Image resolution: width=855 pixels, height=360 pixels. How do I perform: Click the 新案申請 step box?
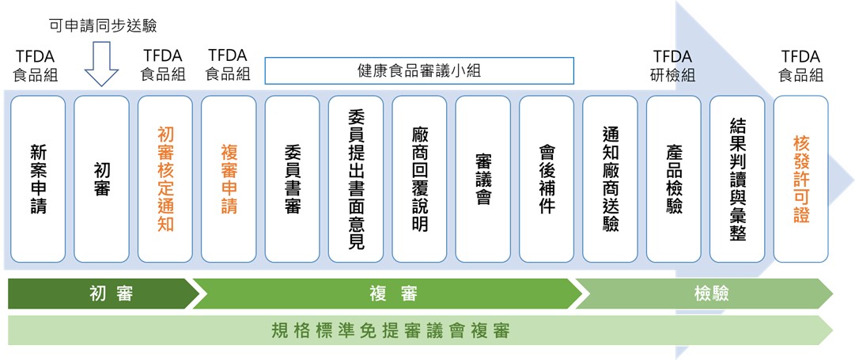38,179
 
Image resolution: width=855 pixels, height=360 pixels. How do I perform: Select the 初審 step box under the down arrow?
102,179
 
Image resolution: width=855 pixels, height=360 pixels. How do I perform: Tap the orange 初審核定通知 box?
165,179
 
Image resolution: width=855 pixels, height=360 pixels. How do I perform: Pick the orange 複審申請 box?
229,179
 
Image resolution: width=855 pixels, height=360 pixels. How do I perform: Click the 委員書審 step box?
293,179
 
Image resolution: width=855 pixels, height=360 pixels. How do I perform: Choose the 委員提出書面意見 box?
356,179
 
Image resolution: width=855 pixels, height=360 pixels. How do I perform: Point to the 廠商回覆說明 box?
420,179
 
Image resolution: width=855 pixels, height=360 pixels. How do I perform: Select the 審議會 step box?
483,179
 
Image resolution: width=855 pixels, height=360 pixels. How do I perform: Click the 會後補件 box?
547,179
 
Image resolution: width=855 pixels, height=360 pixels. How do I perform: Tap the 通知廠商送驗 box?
610,179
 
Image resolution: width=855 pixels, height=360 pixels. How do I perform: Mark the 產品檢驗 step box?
674,179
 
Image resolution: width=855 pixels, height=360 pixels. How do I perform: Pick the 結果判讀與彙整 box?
737,179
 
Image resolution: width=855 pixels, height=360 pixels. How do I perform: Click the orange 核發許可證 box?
801,179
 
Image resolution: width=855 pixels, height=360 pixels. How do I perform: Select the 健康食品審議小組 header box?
419,70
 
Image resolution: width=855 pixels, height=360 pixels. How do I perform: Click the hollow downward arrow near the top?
102,63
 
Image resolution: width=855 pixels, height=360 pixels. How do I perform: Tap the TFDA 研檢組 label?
672,66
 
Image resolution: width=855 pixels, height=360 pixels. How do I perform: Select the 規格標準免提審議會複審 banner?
419,330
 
